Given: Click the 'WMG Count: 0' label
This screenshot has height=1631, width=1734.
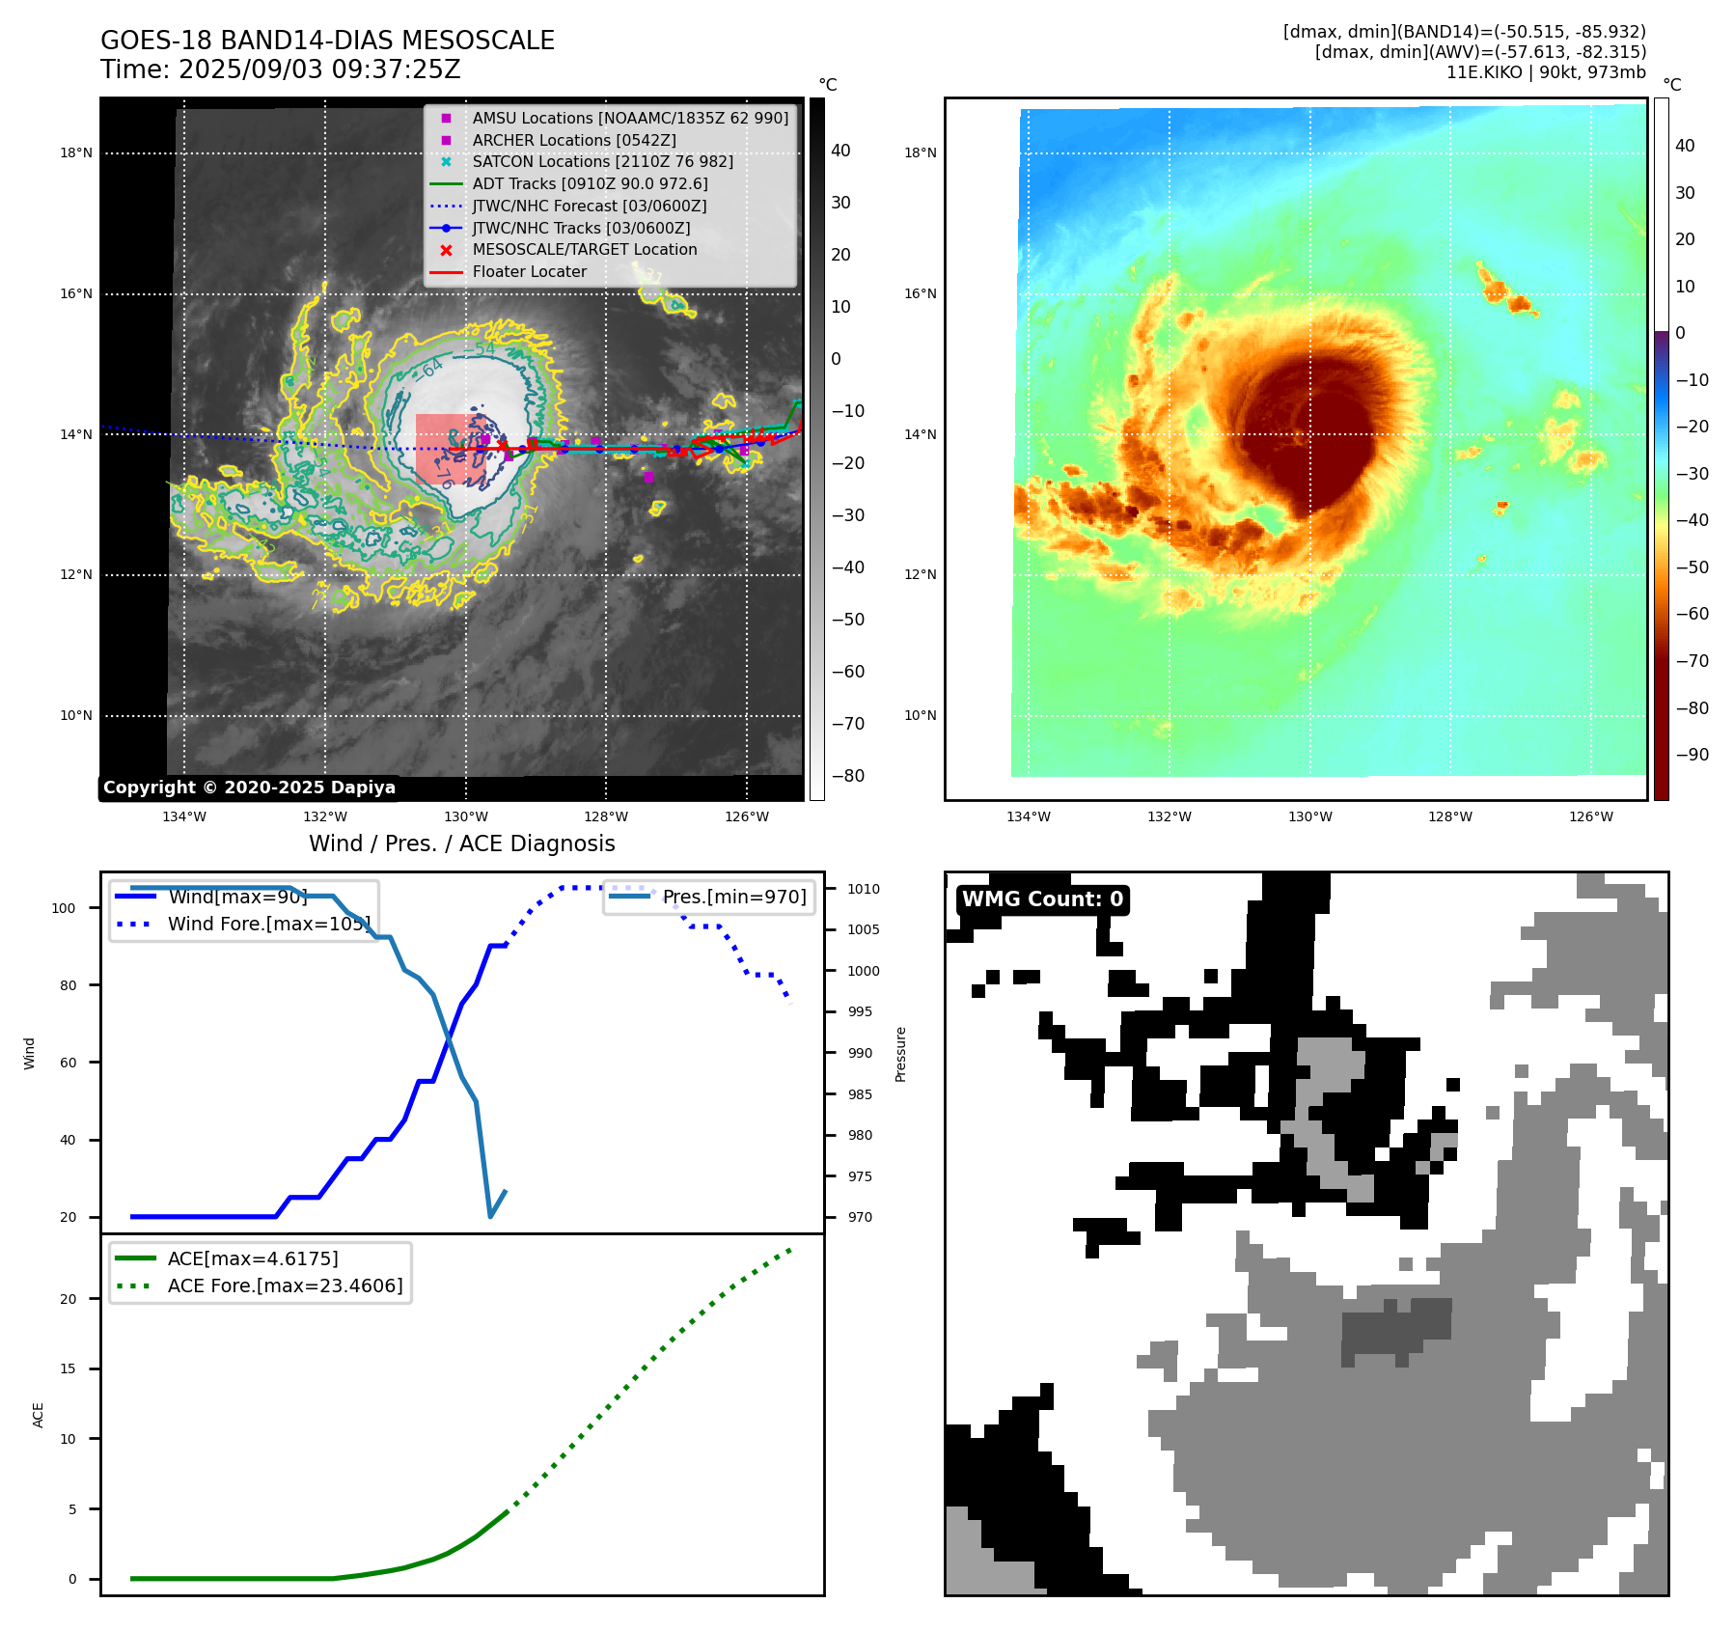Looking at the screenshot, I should pos(1042,899).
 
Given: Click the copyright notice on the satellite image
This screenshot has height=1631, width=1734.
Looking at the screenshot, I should pos(249,788).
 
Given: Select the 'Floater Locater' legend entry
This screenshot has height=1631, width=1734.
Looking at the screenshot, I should pos(529,272).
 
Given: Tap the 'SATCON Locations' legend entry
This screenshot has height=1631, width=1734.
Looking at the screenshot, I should pos(602,162).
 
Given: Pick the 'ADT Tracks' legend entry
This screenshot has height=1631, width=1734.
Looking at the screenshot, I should pos(590,184).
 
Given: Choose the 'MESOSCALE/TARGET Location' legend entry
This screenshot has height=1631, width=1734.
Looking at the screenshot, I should pos(584,250).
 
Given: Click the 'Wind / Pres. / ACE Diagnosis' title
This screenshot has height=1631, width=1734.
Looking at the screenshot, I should pos(461,843).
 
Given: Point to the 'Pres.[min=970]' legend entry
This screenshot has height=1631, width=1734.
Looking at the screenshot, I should pos(733,898).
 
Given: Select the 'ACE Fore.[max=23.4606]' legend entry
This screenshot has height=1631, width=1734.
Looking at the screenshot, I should pos(285,1285).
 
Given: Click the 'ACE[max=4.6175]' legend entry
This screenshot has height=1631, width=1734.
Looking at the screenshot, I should pos(253,1258).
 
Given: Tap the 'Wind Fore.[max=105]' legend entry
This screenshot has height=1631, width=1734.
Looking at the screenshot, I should pos(268,924).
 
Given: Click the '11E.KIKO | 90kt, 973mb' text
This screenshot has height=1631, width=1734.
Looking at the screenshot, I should pos(1546,72).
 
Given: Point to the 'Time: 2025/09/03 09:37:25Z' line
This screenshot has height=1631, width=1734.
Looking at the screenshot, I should pos(281,69).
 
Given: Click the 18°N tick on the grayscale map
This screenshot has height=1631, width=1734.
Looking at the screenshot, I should pos(76,152).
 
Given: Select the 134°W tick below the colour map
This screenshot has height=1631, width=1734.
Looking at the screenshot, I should pos(1028,816).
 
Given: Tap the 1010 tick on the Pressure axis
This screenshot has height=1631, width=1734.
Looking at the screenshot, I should pos(864,889).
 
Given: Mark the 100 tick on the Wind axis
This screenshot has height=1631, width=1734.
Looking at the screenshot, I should pos(64,908).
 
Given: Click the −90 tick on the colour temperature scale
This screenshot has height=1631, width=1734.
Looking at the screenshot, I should pos(1692,755).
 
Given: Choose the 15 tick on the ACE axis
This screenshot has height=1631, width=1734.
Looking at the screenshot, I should pos(68,1368).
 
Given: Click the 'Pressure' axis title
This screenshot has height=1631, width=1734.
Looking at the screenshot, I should pos(900,1054).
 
